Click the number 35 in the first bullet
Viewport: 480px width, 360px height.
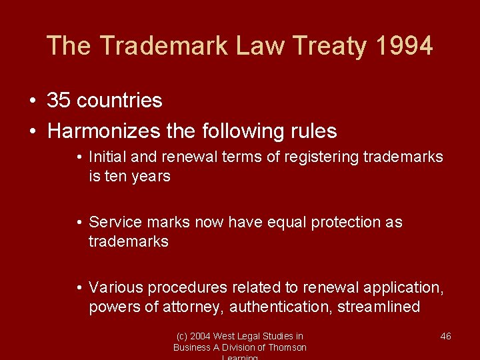(59, 101)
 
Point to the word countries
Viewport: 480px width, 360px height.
(119, 101)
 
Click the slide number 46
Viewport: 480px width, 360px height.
(446, 336)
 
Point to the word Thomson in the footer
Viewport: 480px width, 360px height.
(287, 347)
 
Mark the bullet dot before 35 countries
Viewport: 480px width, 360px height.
(33, 101)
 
